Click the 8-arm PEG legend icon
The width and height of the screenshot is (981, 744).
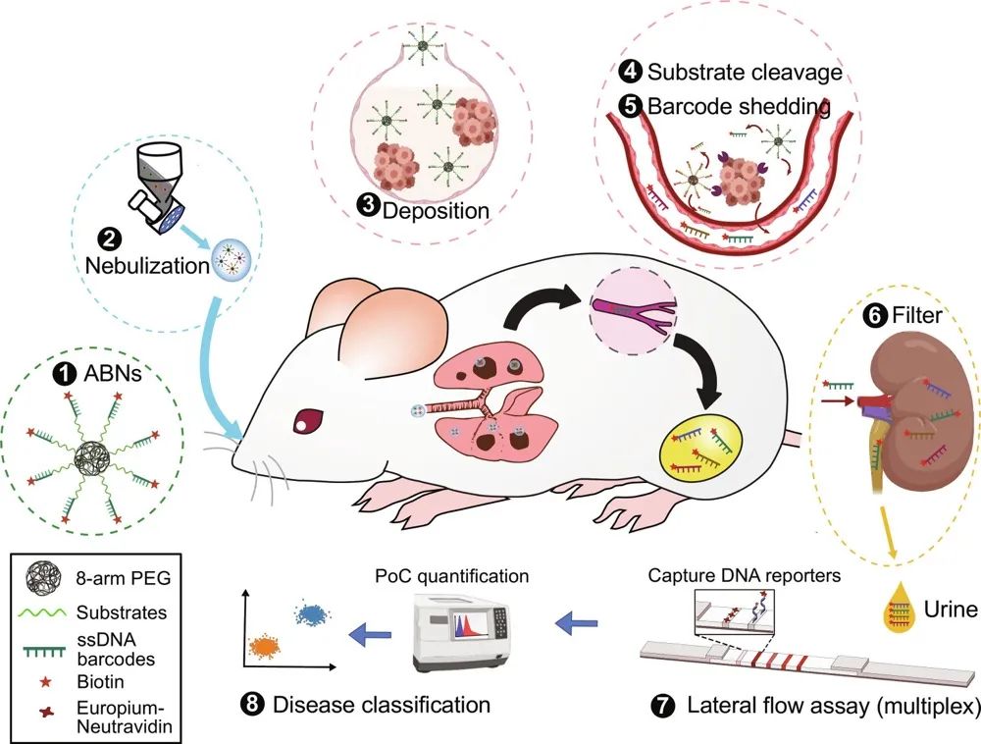(x=40, y=580)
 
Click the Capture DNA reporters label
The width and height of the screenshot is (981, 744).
(x=745, y=576)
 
